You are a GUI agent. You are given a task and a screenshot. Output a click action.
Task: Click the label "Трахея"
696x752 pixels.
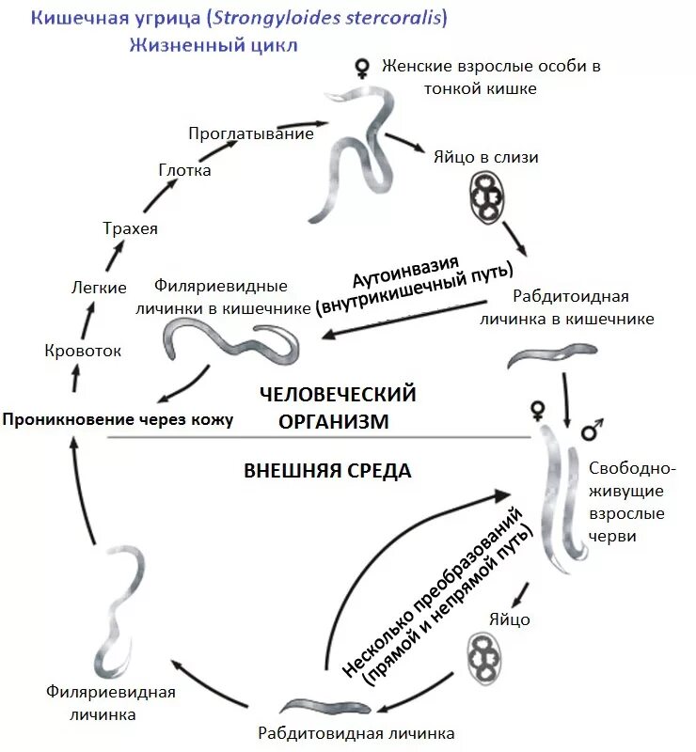tap(130, 228)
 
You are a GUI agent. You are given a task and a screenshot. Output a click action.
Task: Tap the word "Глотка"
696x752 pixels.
tap(184, 170)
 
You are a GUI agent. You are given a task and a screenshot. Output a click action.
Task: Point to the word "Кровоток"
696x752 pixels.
tap(83, 351)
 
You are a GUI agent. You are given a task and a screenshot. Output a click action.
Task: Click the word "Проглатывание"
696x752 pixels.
tap(250, 133)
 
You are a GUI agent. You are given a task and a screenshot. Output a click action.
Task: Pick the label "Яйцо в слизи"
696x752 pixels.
tap(486, 157)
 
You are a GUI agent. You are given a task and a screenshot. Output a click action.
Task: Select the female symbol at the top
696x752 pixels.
tap(361, 68)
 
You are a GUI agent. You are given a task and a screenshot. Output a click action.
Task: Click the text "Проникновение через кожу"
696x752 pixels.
tap(118, 419)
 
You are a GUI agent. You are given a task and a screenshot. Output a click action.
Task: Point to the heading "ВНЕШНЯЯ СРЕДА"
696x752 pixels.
tap(327, 471)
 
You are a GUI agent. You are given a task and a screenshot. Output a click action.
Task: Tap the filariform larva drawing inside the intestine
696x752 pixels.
tap(230, 338)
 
